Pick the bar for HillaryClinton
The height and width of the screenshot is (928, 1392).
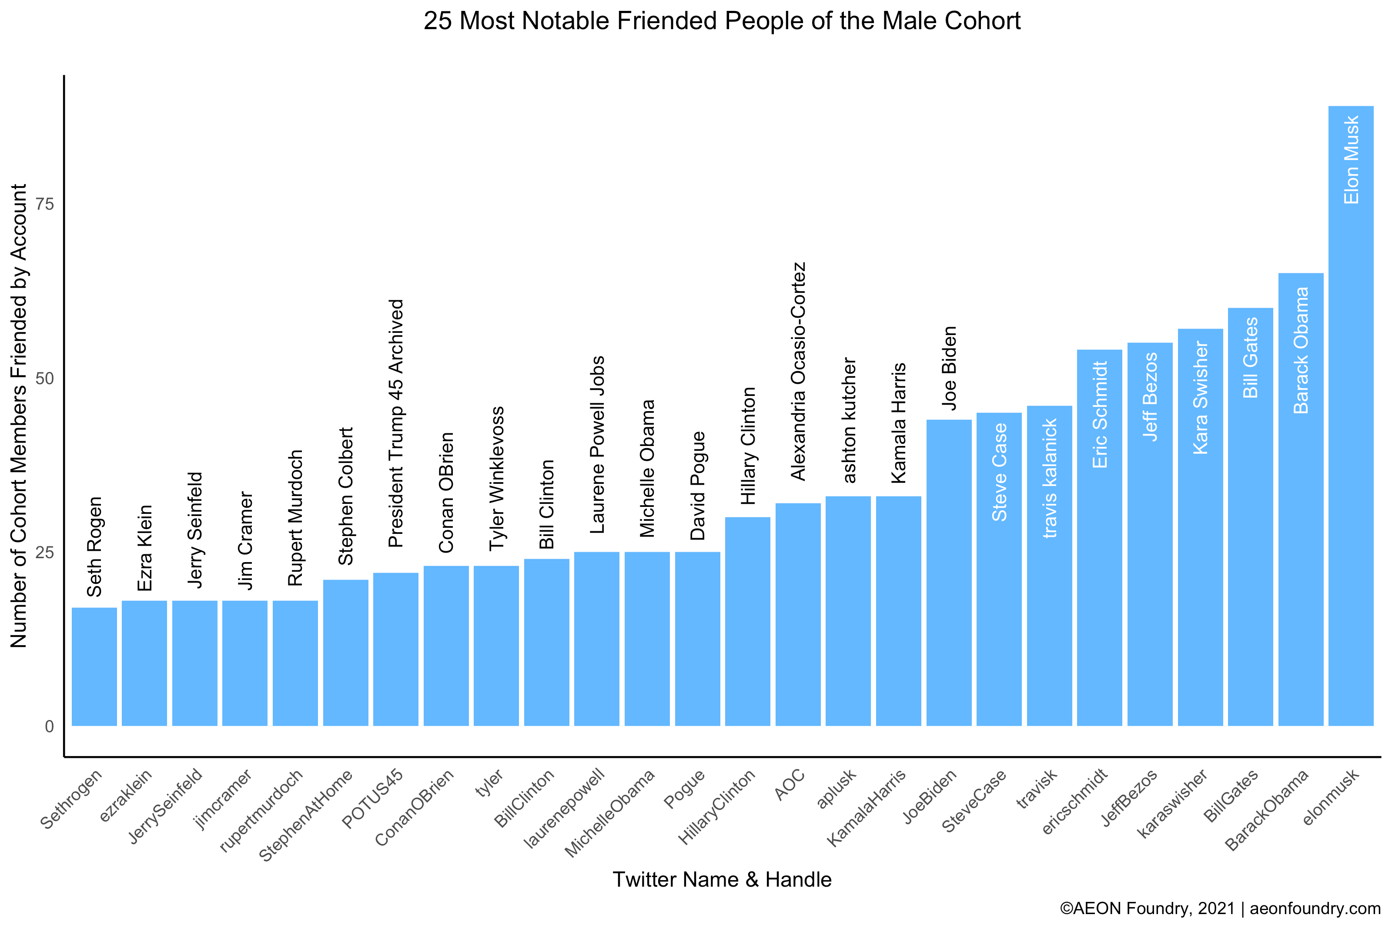click(x=747, y=621)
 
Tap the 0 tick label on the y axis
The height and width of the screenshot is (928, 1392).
click(x=49, y=726)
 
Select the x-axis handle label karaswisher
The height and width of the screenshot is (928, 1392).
click(x=1172, y=803)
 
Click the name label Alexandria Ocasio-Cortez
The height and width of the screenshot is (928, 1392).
click(x=798, y=371)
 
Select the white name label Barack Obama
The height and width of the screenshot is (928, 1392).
click(x=1301, y=350)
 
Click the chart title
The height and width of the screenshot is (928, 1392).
click(x=722, y=21)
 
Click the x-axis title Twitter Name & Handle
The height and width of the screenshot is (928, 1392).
click(x=722, y=879)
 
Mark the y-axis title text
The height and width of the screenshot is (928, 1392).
click(x=19, y=415)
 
